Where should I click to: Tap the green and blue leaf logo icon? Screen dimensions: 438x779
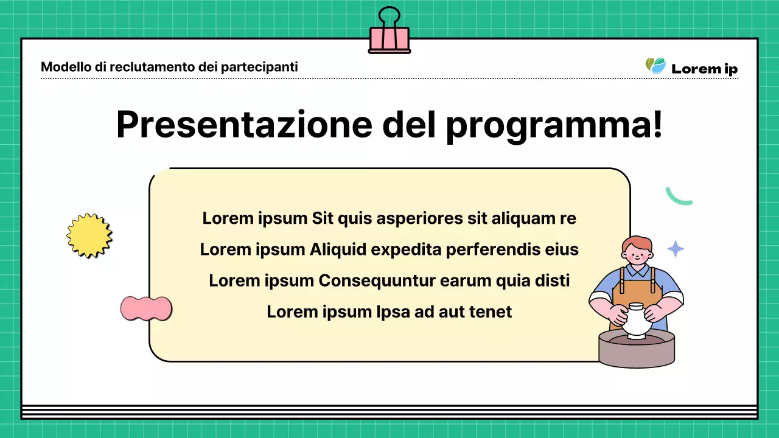(655, 66)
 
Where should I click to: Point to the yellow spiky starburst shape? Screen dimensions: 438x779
(89, 235)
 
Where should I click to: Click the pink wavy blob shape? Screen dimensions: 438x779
(146, 308)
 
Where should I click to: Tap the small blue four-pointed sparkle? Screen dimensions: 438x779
(675, 249)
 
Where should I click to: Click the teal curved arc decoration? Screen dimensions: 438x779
(678, 197)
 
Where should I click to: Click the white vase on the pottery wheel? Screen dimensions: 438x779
(635, 321)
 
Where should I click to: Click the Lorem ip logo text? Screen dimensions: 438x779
(704, 69)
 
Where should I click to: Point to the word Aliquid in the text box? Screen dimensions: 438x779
(338, 249)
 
